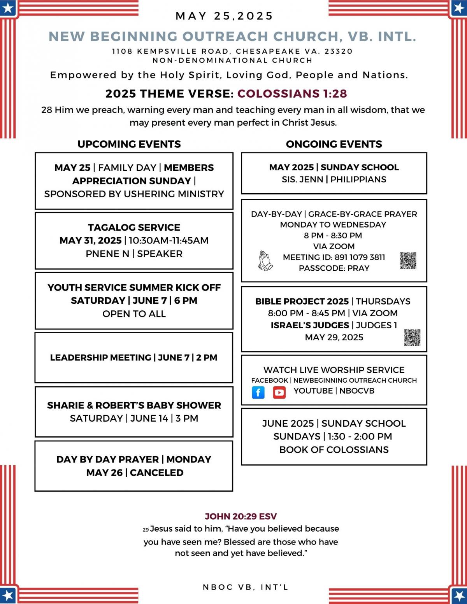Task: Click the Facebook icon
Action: coord(258,392)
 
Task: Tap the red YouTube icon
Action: coord(279,392)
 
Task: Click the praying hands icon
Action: coord(265,261)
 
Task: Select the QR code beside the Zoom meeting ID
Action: coord(408,261)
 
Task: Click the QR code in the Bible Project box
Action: coord(412,337)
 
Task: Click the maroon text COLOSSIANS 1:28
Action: coord(292,94)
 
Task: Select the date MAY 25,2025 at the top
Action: coord(225,16)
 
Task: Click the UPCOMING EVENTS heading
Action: coord(129,144)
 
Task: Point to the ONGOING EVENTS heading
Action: coord(334,144)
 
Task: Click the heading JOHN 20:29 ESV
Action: coord(241,516)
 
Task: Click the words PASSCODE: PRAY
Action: coord(334,268)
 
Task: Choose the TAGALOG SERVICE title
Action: coord(134,228)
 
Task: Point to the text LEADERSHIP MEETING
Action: coord(100,357)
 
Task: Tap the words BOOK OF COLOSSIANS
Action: coord(334,450)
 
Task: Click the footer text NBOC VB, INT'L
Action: coord(245,587)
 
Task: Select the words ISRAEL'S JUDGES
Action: coord(310,325)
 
